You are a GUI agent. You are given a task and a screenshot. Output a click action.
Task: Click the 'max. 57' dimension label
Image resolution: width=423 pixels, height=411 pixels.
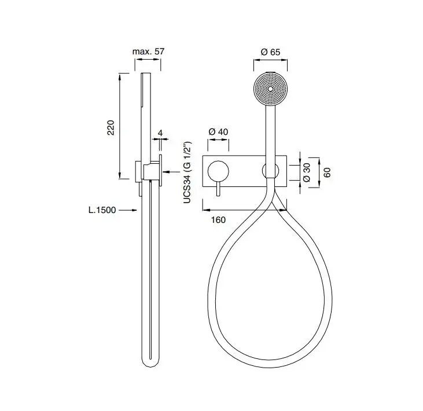pos(148,52)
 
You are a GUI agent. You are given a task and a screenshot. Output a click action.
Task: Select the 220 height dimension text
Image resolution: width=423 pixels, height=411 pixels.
pos(111,127)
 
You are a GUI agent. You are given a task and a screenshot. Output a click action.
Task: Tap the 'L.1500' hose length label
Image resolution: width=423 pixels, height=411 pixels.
pos(102,210)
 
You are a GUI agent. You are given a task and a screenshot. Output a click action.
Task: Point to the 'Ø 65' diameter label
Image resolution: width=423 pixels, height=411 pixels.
pos(271,52)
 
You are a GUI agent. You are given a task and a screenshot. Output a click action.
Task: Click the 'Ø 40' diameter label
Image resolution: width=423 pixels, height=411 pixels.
pos(218,131)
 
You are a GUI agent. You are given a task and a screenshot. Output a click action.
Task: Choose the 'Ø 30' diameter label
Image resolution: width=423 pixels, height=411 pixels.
pos(307,172)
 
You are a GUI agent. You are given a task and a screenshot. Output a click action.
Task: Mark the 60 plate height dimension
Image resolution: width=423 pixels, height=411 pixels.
pos(327,173)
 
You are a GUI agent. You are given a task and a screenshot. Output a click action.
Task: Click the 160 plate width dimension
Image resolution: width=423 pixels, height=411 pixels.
pos(218,219)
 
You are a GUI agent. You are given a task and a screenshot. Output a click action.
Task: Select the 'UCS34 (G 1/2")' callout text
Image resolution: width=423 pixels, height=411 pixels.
pos(187,172)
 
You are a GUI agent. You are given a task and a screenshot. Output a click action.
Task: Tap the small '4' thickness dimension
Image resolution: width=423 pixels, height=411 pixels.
pos(160,133)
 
